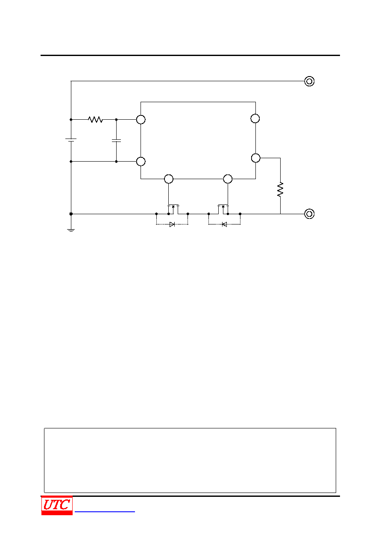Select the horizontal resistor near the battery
coord(95,119)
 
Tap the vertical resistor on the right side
coord(280,189)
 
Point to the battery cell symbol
coord(71,140)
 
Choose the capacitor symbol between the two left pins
coord(116,141)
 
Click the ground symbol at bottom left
coord(71,230)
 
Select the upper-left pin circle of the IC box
coord(141,120)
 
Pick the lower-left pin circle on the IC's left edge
coord(141,162)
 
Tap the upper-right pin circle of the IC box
coord(255,118)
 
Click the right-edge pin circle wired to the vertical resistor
coord(255,158)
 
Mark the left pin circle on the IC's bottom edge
coord(169,179)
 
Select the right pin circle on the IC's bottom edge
coord(228,179)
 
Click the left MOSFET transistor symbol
coord(173,209)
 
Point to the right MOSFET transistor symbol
coord(223,209)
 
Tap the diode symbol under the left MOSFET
coord(172,224)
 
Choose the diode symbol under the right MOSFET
coord(224,224)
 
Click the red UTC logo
coord(57,505)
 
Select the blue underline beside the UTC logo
coord(105,511)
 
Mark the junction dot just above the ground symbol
coord(71,214)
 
